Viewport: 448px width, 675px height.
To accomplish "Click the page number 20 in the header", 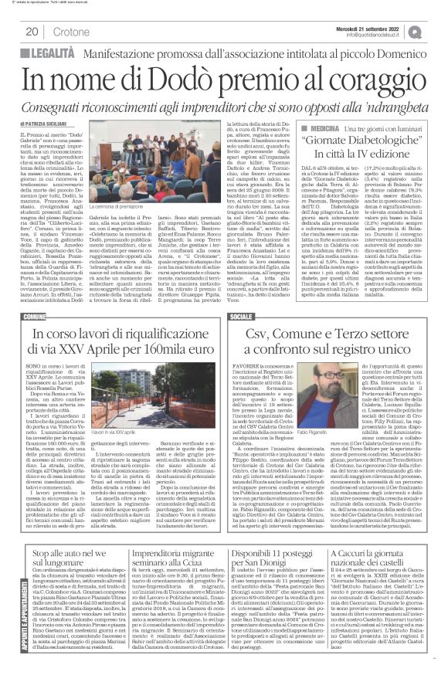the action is [33, 32].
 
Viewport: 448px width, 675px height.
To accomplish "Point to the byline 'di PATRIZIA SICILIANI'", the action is [53, 124].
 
